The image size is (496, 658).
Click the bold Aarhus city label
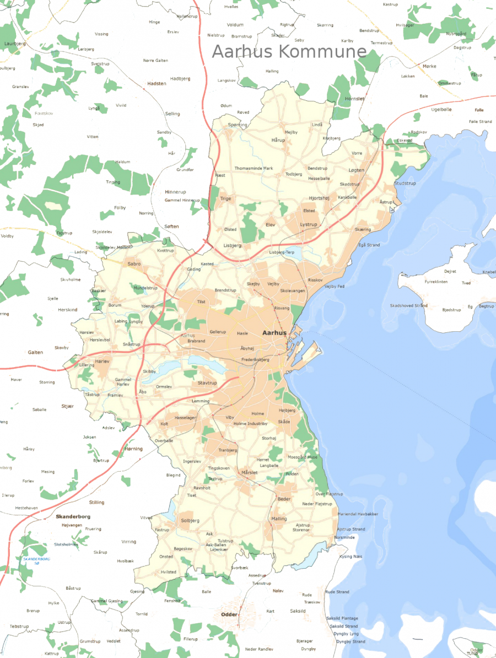(275, 333)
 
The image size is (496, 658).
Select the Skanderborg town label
(73, 517)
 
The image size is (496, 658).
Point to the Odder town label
(229, 614)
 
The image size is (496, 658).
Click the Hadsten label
(157, 83)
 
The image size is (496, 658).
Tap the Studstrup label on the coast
(405, 183)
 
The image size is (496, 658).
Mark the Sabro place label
(134, 264)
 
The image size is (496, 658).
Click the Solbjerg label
(190, 521)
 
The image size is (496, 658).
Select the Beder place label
(284, 499)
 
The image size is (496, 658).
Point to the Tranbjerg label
(228, 450)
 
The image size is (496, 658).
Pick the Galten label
(35, 352)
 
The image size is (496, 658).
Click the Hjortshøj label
(319, 198)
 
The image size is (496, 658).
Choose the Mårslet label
(249, 473)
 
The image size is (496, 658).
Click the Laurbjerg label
(15, 43)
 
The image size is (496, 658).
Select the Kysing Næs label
(351, 557)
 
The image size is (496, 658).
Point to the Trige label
(226, 198)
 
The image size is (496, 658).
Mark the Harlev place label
(103, 361)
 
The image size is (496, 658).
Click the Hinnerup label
(175, 192)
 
